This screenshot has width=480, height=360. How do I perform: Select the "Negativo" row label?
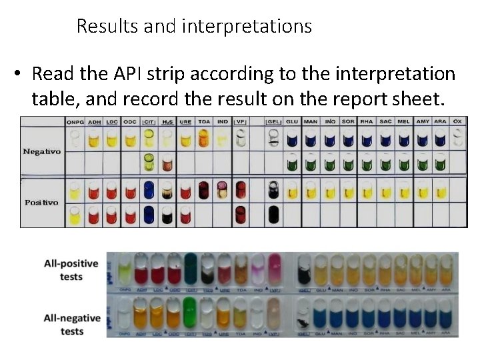pyautogui.click(x=41, y=151)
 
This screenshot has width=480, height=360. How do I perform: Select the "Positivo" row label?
pyautogui.click(x=41, y=202)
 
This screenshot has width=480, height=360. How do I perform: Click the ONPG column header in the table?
pyautogui.click(x=75, y=122)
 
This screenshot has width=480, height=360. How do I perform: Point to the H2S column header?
pyautogui.click(x=168, y=122)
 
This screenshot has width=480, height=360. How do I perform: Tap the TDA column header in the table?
pyautogui.click(x=204, y=122)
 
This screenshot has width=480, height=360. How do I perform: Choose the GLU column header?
pyautogui.click(x=292, y=122)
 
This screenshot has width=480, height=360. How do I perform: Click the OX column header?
pyautogui.click(x=457, y=122)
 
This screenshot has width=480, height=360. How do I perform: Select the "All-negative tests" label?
pyautogui.click(x=71, y=325)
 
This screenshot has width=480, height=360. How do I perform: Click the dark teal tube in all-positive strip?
pyautogui.click(x=191, y=268)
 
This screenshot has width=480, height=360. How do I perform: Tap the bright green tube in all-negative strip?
pyautogui.click(x=191, y=313)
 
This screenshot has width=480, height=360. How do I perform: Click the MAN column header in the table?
pyautogui.click(x=311, y=122)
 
